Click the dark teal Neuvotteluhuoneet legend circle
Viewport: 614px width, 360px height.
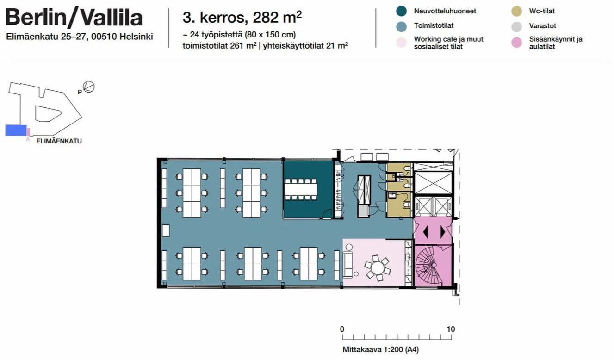pyautogui.click(x=401, y=11)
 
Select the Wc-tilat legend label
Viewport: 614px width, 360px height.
pyautogui.click(x=542, y=11)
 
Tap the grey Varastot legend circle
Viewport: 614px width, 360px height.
pyautogui.click(x=516, y=26)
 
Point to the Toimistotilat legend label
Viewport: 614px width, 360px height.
pyautogui.click(x=434, y=25)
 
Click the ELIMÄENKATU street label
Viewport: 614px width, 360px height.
pyautogui.click(x=59, y=141)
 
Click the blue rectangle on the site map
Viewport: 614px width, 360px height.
pyautogui.click(x=16, y=130)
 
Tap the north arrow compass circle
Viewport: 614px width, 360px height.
pyautogui.click(x=89, y=87)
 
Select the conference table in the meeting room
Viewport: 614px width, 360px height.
pyautogui.click(x=301, y=190)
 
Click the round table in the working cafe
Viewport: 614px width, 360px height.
pyautogui.click(x=378, y=267)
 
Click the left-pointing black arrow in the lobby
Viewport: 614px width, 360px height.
pyautogui.click(x=425, y=232)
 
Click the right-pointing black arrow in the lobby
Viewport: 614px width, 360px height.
pyautogui.click(x=443, y=232)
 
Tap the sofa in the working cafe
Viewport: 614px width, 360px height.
pyautogui.click(x=347, y=265)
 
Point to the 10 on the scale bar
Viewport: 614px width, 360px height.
pyautogui.click(x=451, y=329)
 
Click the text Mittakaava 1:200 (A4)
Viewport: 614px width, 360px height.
pyautogui.click(x=381, y=349)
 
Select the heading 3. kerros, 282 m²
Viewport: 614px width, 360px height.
pyautogui.click(x=242, y=17)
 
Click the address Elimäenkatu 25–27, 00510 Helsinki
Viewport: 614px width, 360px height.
pyautogui.click(x=80, y=37)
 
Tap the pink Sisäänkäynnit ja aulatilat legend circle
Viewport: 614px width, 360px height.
pyautogui.click(x=516, y=43)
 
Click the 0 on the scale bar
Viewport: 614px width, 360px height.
pyautogui.click(x=342, y=329)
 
